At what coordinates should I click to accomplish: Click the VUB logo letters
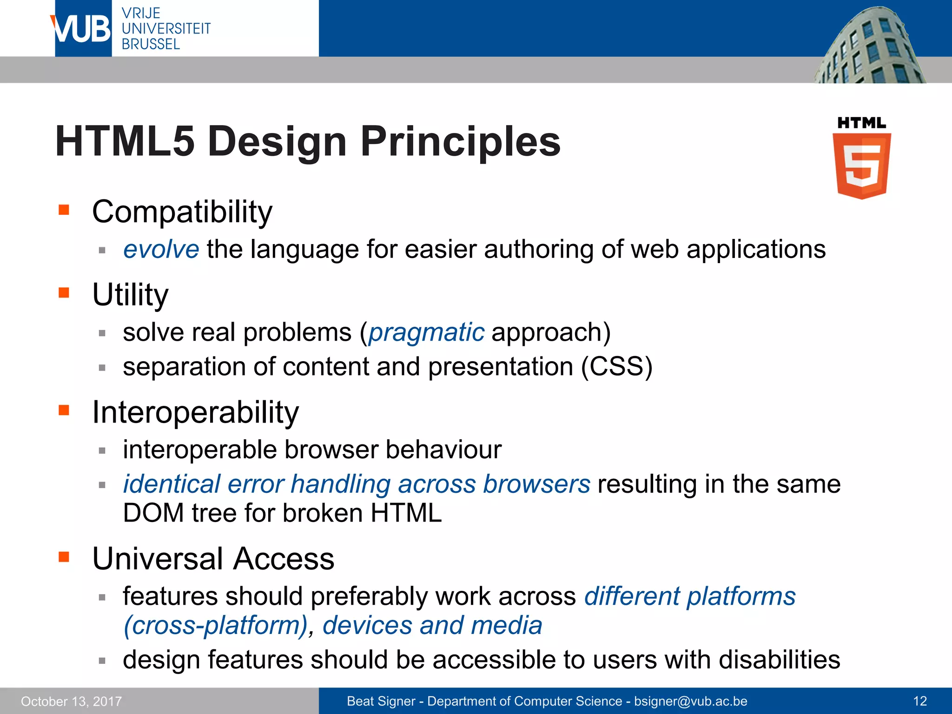[x=82, y=29]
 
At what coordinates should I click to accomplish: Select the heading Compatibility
[x=182, y=212]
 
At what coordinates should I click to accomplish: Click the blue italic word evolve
[x=161, y=249]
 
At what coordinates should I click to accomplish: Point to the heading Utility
[x=130, y=295]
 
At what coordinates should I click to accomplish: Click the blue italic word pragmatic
[x=426, y=332]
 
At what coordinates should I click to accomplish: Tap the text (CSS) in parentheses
[x=617, y=367]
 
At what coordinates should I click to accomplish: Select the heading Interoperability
[x=195, y=412]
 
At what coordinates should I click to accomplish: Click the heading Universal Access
[x=213, y=558]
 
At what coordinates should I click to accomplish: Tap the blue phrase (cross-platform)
[x=215, y=625]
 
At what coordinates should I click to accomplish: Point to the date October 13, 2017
[x=71, y=701]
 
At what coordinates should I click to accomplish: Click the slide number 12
[x=919, y=701]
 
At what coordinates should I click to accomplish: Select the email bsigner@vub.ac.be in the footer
[x=690, y=701]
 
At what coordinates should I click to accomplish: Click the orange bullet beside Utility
[x=64, y=293]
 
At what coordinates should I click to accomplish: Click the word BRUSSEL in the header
[x=151, y=45]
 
